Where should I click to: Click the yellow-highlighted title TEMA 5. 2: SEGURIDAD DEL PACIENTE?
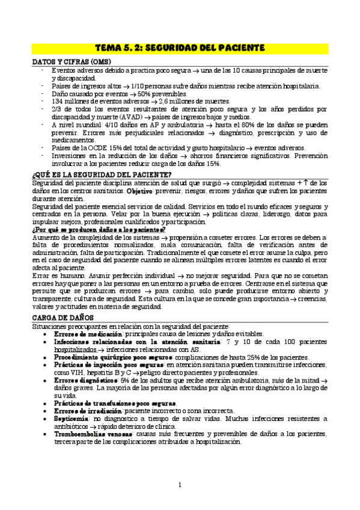180,47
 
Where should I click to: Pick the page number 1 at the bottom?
180,485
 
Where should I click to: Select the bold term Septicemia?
71,417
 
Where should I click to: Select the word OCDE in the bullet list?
94,148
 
